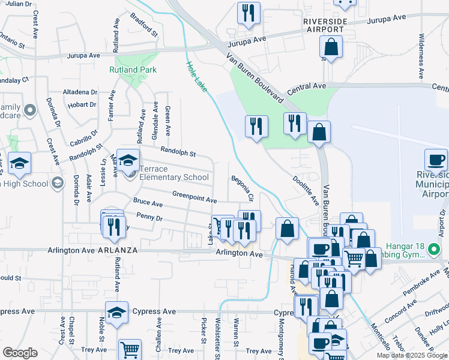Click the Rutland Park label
point(133,70)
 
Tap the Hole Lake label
point(196,77)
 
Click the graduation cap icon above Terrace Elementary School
point(128,160)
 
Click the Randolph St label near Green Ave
point(178,152)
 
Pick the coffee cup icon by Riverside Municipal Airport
point(436,160)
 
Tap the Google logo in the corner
point(20,352)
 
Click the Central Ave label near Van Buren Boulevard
point(306,88)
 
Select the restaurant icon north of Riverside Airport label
point(249,13)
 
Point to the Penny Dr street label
point(149,216)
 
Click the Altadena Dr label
point(80,92)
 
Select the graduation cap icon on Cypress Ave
point(116,312)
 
